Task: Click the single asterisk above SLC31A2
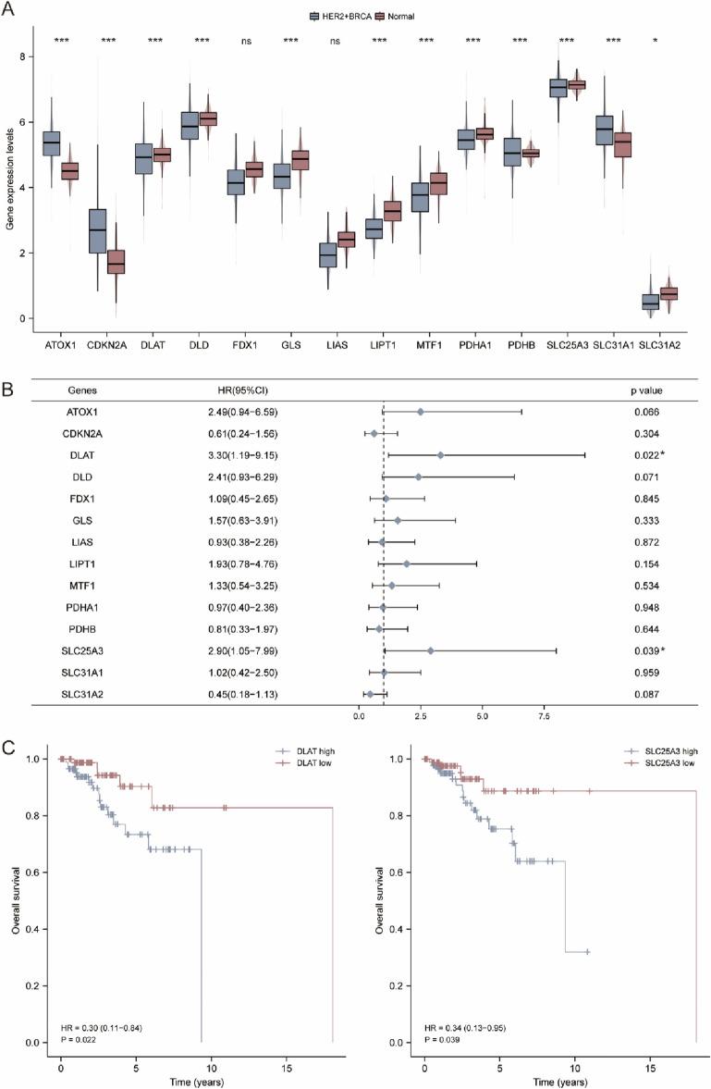680,42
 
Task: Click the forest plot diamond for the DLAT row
440,454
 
